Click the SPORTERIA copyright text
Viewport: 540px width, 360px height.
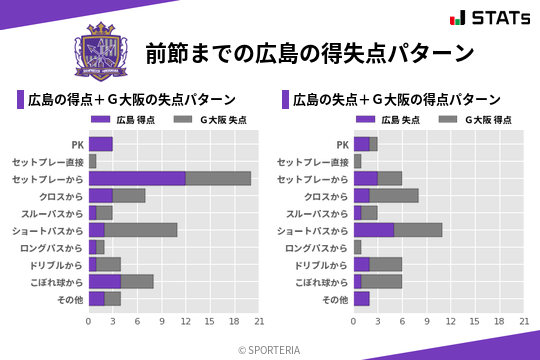[x=270, y=349]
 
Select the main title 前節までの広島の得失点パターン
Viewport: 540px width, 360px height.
[x=309, y=53]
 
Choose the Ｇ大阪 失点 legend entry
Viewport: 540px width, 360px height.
[x=210, y=120]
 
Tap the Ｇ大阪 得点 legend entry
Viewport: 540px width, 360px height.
[x=475, y=120]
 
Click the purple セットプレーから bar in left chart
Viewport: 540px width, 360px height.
[x=137, y=178]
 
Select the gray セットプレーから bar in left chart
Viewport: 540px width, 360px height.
[x=218, y=178]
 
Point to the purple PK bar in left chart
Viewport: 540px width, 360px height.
[x=100, y=144]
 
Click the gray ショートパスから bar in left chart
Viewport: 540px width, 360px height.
[x=141, y=230]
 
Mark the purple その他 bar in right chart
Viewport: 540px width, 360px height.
[x=362, y=299]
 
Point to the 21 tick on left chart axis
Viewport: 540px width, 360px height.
[x=258, y=321]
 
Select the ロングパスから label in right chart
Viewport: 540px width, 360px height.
[x=316, y=247]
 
